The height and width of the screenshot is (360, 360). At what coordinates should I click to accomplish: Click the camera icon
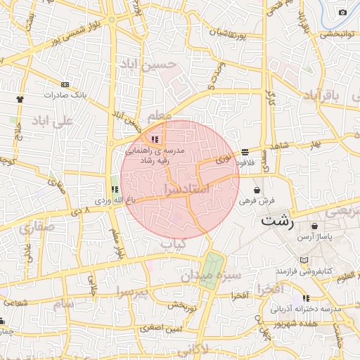point(342,12)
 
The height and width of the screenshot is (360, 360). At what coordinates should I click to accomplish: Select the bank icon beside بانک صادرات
point(65,84)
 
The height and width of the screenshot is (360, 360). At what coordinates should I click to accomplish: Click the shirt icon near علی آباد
point(20,99)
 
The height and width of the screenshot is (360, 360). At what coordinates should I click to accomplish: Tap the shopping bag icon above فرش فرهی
point(257,190)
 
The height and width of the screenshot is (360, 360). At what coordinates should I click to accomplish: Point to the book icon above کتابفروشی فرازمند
point(304,260)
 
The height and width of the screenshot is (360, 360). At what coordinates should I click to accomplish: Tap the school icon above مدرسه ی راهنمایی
point(155,139)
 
